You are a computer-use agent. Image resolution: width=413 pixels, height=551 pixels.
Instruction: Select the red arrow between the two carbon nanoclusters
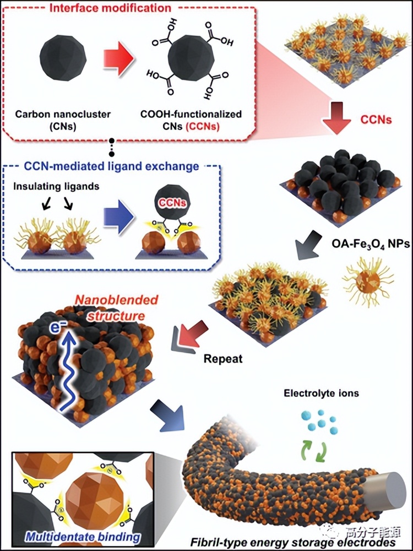tap(120, 59)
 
